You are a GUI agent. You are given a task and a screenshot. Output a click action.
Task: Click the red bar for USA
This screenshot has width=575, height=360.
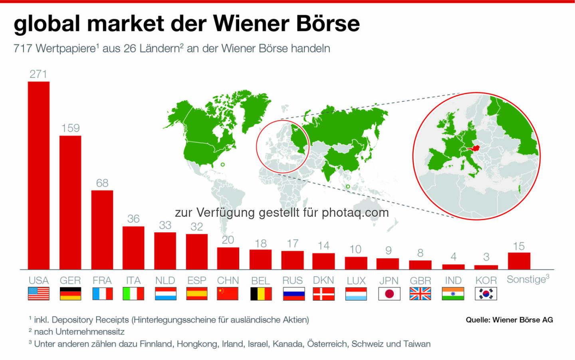39,176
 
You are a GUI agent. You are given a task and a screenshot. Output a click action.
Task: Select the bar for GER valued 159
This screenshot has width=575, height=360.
70,203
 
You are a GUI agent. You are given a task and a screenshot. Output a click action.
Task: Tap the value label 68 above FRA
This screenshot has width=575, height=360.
102,183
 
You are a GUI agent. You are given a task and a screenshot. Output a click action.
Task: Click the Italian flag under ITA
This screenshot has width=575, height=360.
133,294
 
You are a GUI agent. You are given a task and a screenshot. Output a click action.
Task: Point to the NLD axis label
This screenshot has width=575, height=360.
165,281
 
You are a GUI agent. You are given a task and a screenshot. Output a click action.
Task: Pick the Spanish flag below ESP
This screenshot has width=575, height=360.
197,294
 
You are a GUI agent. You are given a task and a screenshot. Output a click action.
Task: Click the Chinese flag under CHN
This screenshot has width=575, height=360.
228,294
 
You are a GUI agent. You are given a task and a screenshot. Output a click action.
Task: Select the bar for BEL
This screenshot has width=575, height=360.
260,259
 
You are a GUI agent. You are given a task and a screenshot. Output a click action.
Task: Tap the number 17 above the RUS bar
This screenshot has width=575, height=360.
293,243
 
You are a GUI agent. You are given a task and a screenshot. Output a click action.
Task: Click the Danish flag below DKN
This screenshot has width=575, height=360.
323,294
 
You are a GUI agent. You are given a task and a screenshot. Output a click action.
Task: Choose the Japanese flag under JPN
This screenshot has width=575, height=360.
389,294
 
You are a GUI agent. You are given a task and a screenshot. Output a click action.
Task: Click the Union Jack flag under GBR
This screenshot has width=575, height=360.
420,294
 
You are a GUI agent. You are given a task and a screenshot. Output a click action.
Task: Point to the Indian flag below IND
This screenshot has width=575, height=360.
453,294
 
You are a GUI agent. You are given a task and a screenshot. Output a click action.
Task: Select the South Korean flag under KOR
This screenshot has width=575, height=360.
486,294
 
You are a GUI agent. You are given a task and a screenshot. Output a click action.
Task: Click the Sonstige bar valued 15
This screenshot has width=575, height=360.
519,261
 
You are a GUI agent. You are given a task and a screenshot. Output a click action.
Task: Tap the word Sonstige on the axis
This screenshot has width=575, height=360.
526,279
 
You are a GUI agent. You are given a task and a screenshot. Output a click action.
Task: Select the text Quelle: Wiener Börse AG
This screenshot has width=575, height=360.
509,320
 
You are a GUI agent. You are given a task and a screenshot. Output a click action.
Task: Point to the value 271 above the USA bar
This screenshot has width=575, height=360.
38,74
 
